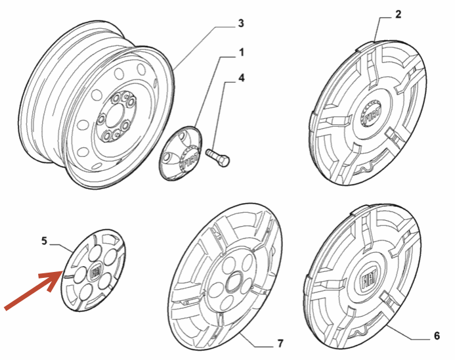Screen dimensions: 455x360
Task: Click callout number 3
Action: pyautogui.click(x=241, y=24)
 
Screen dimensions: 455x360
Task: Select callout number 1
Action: pyautogui.click(x=242, y=53)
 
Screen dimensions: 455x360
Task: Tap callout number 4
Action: pyautogui.click(x=242, y=78)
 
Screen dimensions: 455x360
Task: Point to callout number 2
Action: pyautogui.click(x=398, y=14)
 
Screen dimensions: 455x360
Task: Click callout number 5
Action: pyautogui.click(x=44, y=241)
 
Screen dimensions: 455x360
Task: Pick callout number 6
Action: pyautogui.click(x=437, y=336)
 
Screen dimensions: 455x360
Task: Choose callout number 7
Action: pyautogui.click(x=280, y=344)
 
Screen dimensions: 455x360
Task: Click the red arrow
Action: pyautogui.click(x=33, y=290)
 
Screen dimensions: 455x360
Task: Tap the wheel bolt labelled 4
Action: pyautogui.click(x=217, y=158)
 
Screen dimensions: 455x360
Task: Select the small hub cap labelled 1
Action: pyautogui.click(x=180, y=153)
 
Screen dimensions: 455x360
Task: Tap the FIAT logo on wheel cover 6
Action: pyautogui.click(x=369, y=279)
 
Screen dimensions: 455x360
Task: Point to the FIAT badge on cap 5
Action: pyautogui.click(x=95, y=273)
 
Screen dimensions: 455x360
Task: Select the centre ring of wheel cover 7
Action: pyautogui.click(x=232, y=281)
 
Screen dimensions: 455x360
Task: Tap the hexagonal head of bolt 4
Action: pyautogui.click(x=224, y=161)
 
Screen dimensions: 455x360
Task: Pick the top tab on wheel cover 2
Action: pyautogui.click(x=366, y=45)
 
